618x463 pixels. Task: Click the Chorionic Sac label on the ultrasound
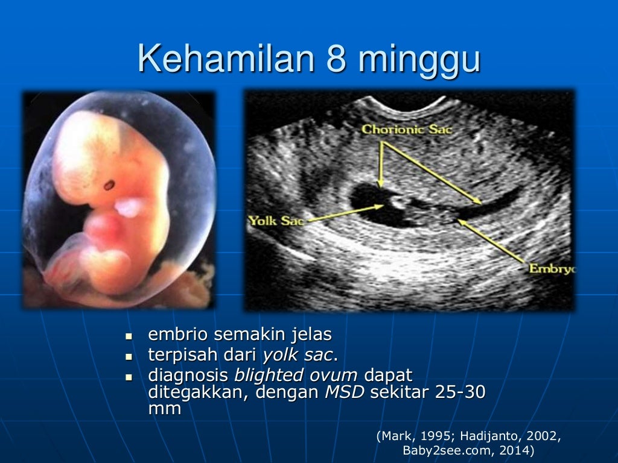pos(407,129)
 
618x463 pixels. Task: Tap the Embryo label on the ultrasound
pos(552,268)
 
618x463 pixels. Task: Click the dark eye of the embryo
pos(109,185)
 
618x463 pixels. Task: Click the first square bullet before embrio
pos(128,335)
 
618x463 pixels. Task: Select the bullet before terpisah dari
pos(128,354)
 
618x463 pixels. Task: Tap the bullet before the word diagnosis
pos(128,375)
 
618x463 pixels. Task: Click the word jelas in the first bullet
pos(310,334)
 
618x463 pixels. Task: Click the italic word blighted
pos(269,375)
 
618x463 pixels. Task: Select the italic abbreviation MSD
pos(345,393)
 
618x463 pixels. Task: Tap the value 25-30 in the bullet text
pos(459,393)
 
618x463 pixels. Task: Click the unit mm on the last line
pos(164,409)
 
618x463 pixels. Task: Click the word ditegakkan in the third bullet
pos(197,393)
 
